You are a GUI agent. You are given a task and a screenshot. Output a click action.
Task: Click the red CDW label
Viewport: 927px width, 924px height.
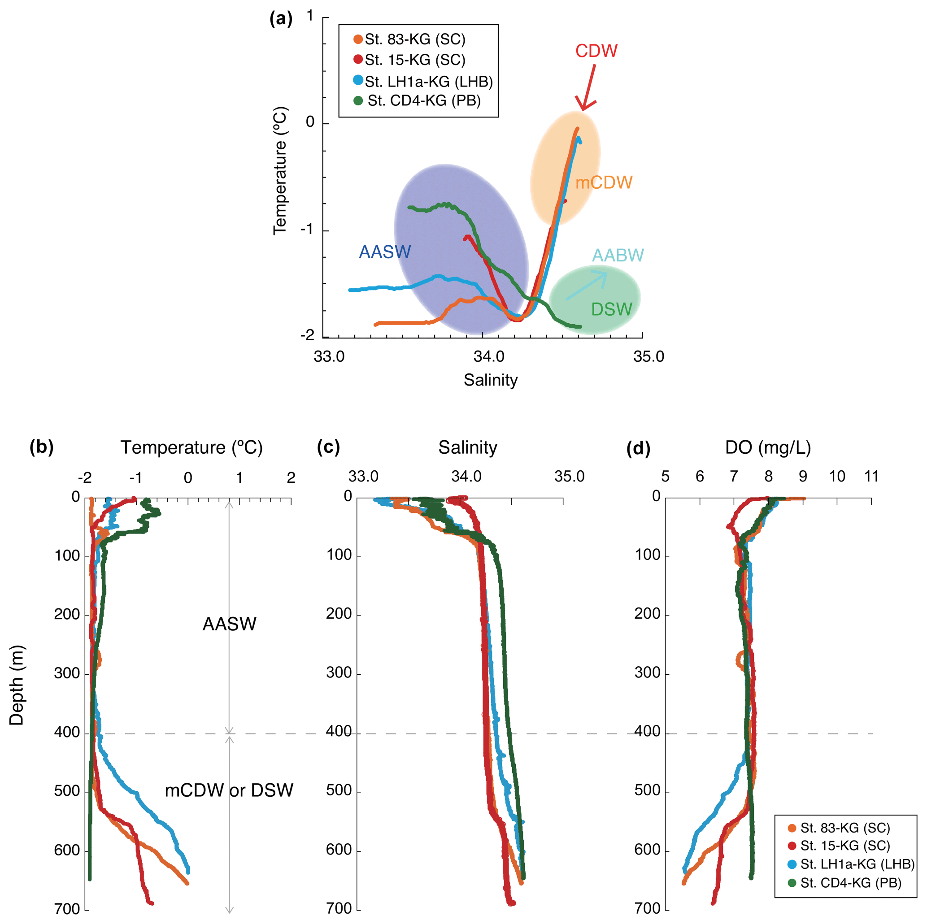tap(596, 51)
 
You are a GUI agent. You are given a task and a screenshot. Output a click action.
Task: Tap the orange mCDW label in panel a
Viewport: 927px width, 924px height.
tap(604, 182)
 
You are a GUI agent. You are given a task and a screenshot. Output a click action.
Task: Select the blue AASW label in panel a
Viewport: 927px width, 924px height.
tap(385, 252)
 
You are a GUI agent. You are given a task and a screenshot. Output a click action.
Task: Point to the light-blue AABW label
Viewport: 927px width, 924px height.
tap(618, 255)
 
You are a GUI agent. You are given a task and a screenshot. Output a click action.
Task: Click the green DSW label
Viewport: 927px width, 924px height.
tap(611, 309)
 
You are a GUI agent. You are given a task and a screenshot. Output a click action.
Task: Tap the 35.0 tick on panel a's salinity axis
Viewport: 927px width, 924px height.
tap(648, 356)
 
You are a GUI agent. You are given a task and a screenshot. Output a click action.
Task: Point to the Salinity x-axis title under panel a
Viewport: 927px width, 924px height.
tap(490, 380)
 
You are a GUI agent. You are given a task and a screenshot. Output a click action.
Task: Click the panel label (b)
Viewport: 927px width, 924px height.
tap(41, 447)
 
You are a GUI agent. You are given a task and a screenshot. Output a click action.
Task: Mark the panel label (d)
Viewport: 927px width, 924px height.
tap(638, 448)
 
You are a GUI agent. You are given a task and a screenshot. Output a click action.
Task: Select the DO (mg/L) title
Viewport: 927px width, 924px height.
tap(767, 447)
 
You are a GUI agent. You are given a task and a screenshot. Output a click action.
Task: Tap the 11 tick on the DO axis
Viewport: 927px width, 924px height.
tap(871, 477)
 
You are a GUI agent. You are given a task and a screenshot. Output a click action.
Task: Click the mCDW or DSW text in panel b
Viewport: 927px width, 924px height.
tap(228, 790)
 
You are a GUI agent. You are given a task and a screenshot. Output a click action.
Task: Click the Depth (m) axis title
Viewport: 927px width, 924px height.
tap(16, 685)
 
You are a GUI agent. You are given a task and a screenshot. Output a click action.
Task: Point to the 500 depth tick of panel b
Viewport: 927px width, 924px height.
tap(67, 791)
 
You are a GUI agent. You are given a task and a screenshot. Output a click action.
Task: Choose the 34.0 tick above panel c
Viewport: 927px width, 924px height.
tap(466, 477)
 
